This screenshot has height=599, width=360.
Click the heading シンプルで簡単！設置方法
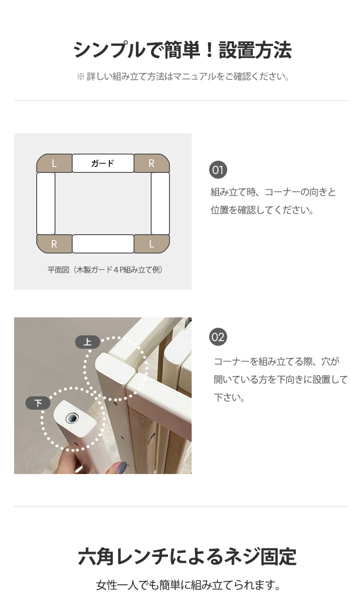click(x=182, y=50)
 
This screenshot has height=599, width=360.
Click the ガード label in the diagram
click(x=103, y=163)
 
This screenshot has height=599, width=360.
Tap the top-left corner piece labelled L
click(x=54, y=163)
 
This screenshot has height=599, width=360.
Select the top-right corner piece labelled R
click(x=151, y=163)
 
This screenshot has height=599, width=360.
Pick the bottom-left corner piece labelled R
click(x=54, y=243)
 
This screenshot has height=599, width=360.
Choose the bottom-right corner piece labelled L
click(x=151, y=243)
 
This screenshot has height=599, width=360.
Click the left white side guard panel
click(x=46, y=203)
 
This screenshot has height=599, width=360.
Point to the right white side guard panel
click(x=160, y=203)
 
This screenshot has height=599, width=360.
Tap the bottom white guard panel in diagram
click(x=103, y=243)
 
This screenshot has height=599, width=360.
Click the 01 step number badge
click(x=218, y=169)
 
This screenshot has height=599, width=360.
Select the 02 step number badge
click(x=218, y=337)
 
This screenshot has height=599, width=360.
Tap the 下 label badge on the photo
click(x=38, y=403)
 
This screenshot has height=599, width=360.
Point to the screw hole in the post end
click(x=71, y=418)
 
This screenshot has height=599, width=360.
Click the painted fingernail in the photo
click(x=121, y=467)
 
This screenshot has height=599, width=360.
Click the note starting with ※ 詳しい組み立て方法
click(x=183, y=76)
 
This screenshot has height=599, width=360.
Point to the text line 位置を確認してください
click(x=262, y=210)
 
